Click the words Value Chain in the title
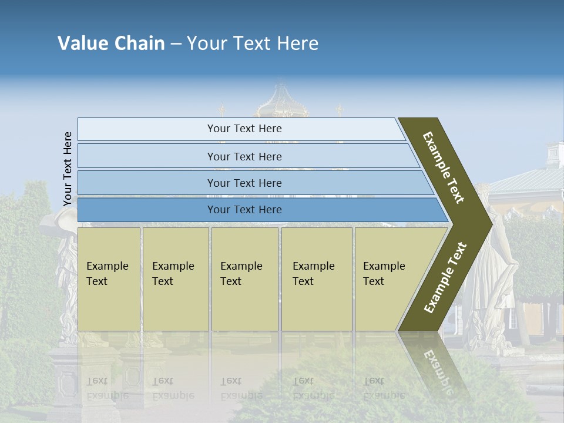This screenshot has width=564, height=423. (111, 43)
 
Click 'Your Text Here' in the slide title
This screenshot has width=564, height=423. (253, 43)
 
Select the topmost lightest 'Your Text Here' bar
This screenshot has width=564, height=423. (244, 129)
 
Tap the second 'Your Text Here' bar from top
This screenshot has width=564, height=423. (244, 156)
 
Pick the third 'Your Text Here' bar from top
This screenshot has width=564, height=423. (244, 183)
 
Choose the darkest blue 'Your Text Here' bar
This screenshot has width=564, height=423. (244, 210)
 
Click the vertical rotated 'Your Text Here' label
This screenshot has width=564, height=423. (68, 169)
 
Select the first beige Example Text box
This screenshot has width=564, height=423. (109, 278)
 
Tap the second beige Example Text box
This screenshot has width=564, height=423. (175, 278)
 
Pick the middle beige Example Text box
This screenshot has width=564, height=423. (244, 278)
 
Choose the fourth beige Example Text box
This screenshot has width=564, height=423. (316, 278)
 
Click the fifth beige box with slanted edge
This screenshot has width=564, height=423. (388, 278)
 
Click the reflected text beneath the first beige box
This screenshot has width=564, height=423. (107, 388)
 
